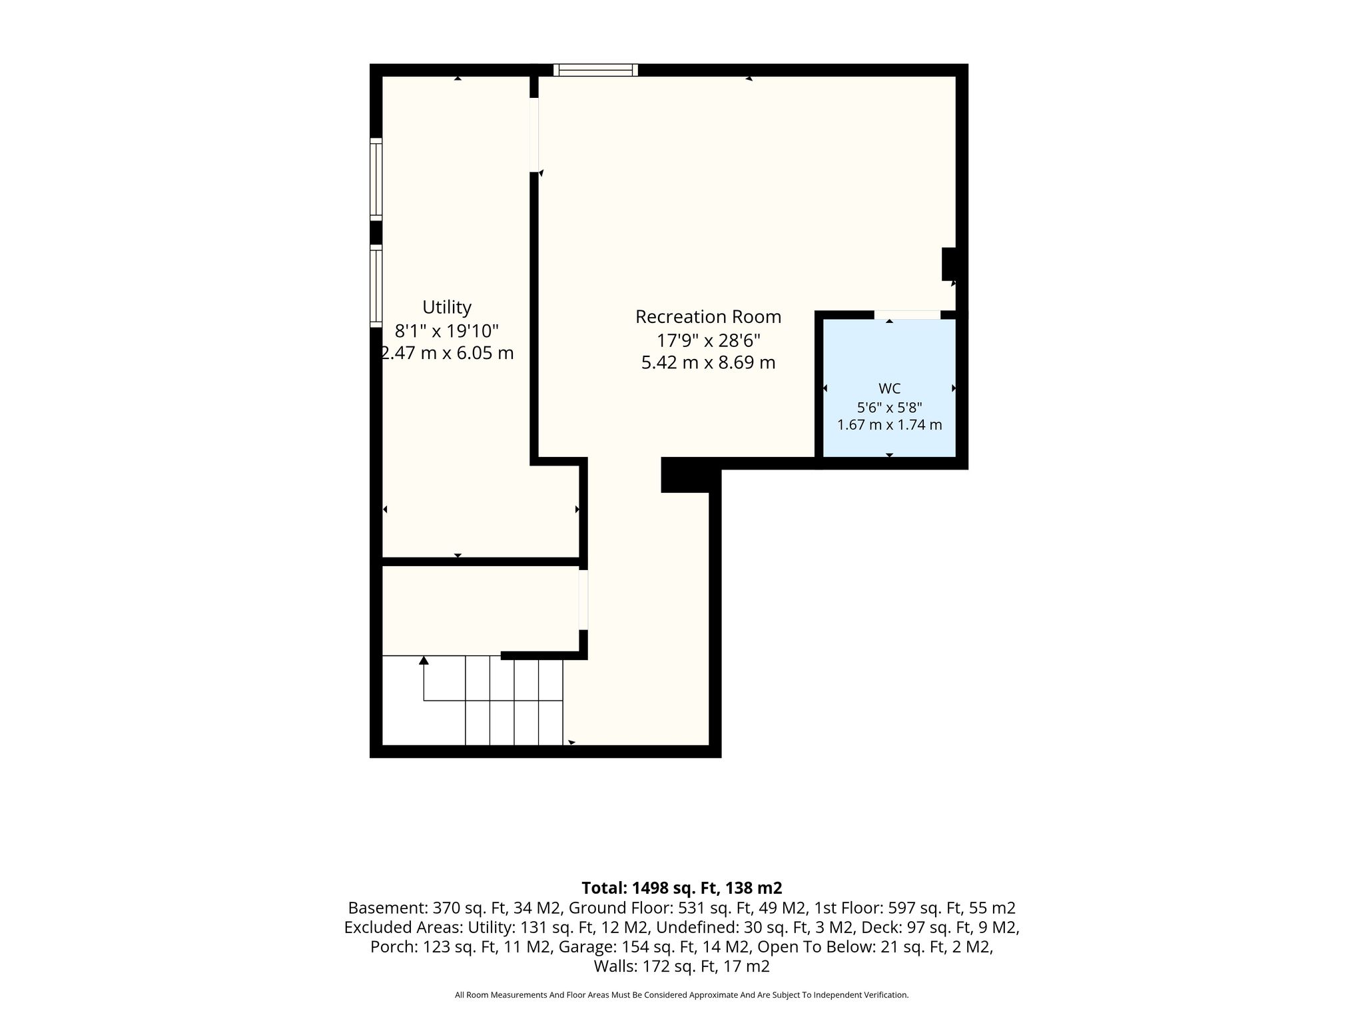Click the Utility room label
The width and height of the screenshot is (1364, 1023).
[x=447, y=308]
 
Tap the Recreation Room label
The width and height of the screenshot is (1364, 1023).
[x=708, y=317]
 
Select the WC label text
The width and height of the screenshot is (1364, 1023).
[x=889, y=389]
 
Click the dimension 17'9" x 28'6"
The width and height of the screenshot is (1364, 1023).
[x=708, y=340]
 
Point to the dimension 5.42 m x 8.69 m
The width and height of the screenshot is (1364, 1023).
[x=708, y=363]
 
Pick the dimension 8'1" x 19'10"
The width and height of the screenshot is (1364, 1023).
[x=446, y=330]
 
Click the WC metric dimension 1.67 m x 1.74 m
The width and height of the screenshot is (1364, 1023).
[x=889, y=425]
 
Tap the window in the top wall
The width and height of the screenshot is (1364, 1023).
[x=595, y=70]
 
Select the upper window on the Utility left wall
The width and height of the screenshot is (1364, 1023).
[x=376, y=179]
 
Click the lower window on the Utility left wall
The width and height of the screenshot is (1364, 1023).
[x=376, y=286]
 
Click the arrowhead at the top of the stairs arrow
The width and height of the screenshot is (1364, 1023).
[x=424, y=660]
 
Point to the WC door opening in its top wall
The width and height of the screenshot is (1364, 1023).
[x=907, y=314]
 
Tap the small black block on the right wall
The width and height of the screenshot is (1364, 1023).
[x=949, y=264]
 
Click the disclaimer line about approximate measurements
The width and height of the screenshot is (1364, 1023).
[x=681, y=995]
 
